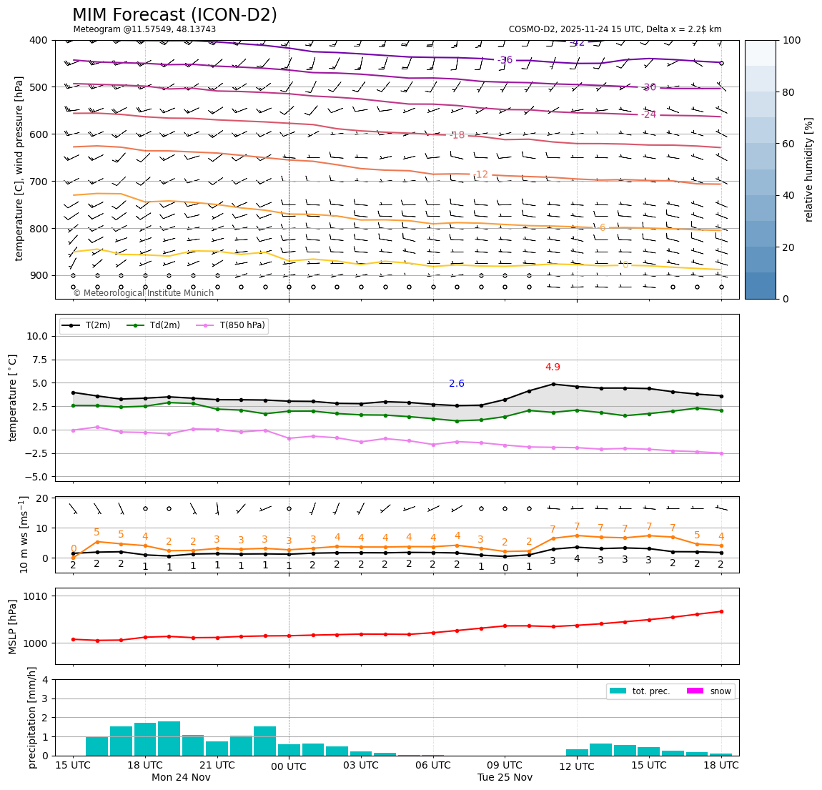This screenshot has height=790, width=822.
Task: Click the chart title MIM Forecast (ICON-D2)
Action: tap(174, 15)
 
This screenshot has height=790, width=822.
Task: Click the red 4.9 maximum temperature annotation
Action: tap(553, 367)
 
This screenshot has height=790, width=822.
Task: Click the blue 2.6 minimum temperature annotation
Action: tap(457, 384)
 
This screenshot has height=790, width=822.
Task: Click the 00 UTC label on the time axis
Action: tap(289, 767)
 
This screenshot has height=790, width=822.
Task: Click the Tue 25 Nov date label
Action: tap(505, 778)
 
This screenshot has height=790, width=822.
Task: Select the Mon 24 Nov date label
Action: tap(181, 778)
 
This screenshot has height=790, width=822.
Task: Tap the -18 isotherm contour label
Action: tap(457, 135)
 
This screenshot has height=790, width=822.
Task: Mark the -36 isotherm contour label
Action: tap(505, 60)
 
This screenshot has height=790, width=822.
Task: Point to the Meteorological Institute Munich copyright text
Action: tap(144, 293)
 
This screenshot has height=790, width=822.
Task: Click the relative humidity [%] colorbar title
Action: tap(809, 169)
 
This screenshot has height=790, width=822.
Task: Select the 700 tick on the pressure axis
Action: tap(37, 182)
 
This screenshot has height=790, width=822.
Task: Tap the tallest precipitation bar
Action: tap(169, 739)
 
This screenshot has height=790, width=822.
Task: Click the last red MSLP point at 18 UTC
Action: tap(721, 611)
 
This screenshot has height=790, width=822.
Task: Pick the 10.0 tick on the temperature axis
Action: tap(37, 336)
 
